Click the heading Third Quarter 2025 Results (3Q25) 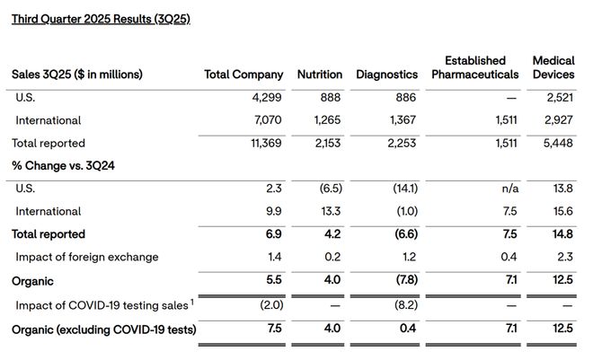[x=101, y=19]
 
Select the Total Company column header [x=243, y=75]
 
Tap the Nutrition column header [x=320, y=75]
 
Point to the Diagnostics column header [x=387, y=75]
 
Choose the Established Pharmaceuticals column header [x=475, y=67]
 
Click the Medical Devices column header [x=553, y=67]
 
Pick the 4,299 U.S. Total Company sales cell [x=267, y=98]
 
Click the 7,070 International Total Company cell [x=268, y=120]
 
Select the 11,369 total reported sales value [x=266, y=143]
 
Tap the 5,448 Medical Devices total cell [x=558, y=143]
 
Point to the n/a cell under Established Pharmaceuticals [x=510, y=189]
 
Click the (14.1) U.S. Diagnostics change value [x=405, y=189]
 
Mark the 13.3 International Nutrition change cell [x=331, y=211]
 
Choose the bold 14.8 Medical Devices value [x=562, y=234]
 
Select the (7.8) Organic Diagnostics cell [x=407, y=280]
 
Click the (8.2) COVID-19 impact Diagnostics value [x=406, y=305]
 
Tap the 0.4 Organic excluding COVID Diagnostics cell [x=408, y=329]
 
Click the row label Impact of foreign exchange [x=87, y=258]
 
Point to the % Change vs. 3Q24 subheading [x=63, y=166]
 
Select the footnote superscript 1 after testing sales [x=192, y=302]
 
